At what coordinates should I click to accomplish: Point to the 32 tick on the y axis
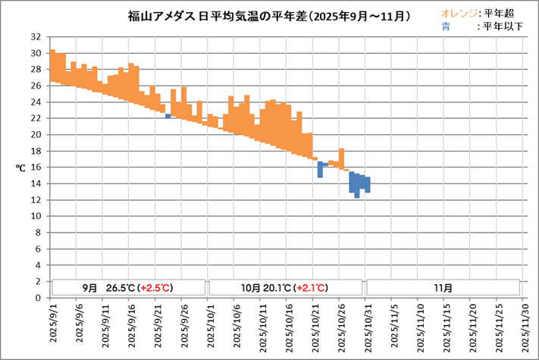pos(36,37)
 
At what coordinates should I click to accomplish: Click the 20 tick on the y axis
pos(36,135)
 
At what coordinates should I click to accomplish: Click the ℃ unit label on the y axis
pos(21,167)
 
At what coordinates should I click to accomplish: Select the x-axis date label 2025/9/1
pos(53,326)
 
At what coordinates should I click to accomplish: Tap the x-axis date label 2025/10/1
pos(210,326)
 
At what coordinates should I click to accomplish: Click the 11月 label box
pos(443,288)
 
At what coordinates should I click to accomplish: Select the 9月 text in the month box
pos(90,288)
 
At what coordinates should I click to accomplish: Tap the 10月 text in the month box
pos(248,288)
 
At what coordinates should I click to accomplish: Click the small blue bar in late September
pos(168,116)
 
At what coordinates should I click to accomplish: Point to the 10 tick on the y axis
pos(36,216)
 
